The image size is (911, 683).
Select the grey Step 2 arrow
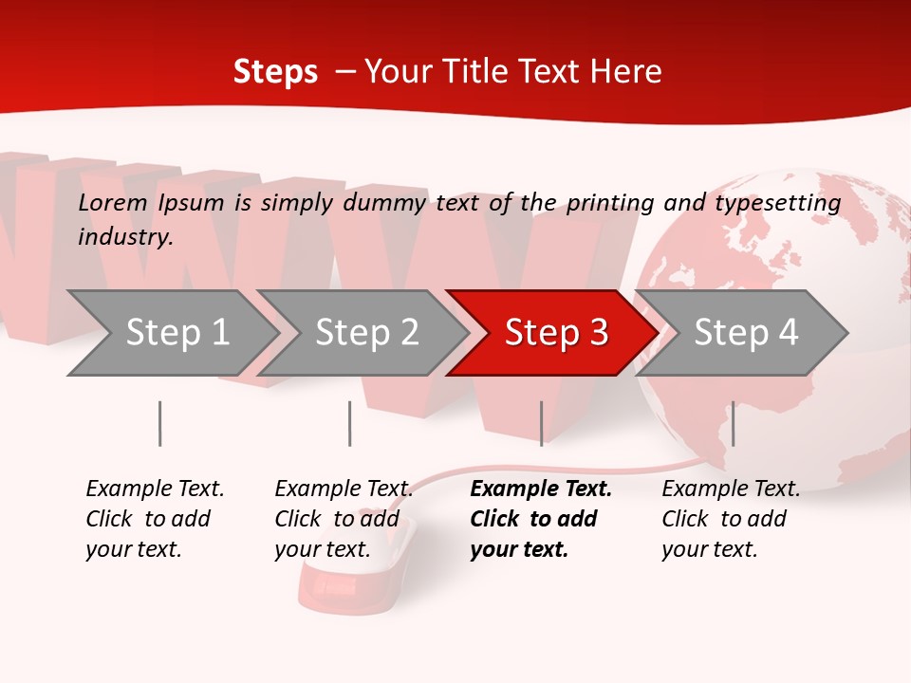click(x=366, y=333)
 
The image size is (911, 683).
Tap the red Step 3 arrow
click(x=556, y=333)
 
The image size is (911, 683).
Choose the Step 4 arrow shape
click(x=746, y=333)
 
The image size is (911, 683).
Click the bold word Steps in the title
click(x=275, y=72)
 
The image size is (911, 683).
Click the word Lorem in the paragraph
click(x=113, y=202)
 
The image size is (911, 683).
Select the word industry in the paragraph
click(x=124, y=237)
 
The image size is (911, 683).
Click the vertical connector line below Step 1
click(x=159, y=423)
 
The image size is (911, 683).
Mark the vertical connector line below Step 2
click(x=349, y=423)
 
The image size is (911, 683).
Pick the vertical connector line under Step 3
click(x=541, y=423)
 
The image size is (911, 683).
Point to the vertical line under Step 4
click(x=733, y=423)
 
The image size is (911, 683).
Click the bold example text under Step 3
click(x=540, y=519)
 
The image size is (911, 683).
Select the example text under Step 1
click(x=155, y=519)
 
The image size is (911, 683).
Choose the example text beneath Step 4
click(x=731, y=519)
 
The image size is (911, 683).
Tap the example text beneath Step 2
click(x=343, y=519)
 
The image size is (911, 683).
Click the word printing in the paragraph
click(x=608, y=203)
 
